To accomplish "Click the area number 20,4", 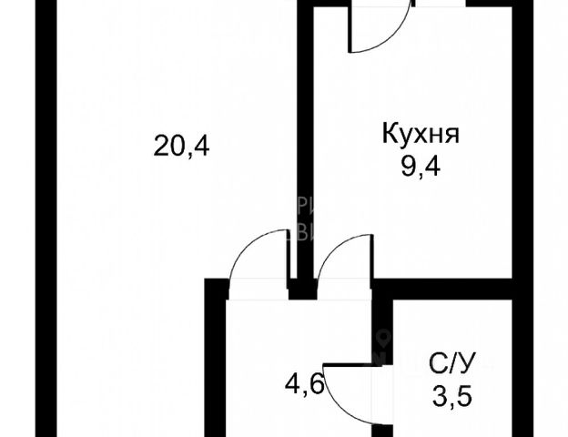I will pos(182,146).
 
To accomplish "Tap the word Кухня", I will pos(420,136).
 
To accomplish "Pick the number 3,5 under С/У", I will pos(452,398).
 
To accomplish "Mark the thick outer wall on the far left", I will pos(44,218).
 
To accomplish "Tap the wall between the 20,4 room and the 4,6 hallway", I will pos(215,364).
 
